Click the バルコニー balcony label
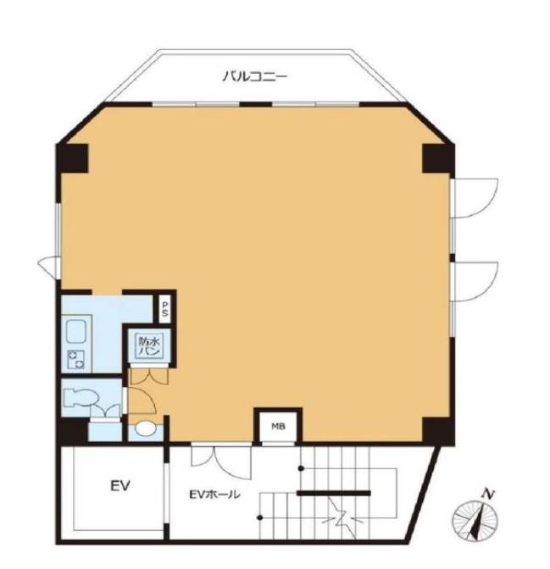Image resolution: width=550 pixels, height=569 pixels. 254,76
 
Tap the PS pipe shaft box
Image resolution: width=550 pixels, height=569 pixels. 165,308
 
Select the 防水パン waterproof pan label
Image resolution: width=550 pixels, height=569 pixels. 149,346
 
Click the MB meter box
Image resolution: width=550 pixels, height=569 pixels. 278,427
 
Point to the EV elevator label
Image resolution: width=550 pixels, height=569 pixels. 120,485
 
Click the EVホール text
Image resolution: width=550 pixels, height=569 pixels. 214,494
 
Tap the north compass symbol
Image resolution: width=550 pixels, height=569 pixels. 475,521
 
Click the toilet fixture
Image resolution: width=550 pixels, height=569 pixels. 81,397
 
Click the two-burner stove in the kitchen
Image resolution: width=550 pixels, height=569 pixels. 75,360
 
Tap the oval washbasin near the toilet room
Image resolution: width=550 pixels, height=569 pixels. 145,428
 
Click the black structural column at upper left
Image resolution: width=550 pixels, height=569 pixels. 72,158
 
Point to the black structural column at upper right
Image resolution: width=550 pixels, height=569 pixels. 438,158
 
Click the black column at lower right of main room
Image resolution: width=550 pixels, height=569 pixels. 438,430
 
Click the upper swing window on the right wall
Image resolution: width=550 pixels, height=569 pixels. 474,198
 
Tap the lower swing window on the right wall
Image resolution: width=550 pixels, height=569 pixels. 474,282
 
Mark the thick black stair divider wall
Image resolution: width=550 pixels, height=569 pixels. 334,493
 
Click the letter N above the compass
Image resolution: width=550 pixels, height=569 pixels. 488,494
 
